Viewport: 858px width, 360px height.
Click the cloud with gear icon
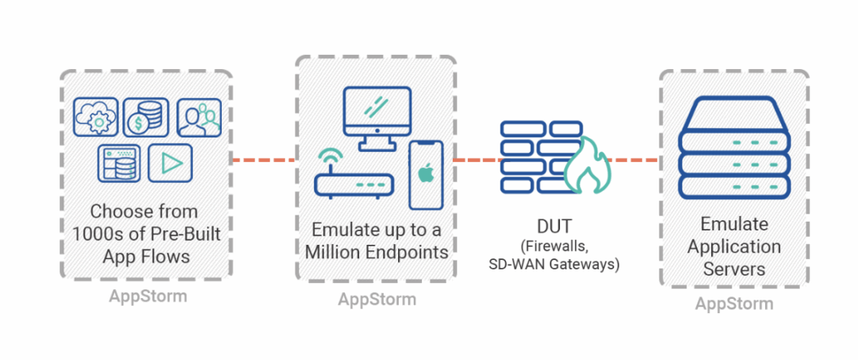[x=96, y=117]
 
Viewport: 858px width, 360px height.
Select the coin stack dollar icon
[x=145, y=117]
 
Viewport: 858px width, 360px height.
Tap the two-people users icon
[x=199, y=117]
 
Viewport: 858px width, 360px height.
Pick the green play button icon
[x=170, y=163]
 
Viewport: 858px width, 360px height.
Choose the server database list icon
[x=119, y=163]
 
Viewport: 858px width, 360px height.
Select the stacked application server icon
[x=734, y=148]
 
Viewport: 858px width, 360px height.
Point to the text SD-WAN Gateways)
[x=554, y=265]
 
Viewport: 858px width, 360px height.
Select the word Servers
[x=734, y=269]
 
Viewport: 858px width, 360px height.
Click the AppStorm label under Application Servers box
[x=734, y=304]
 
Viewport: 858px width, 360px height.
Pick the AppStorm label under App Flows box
[x=148, y=296]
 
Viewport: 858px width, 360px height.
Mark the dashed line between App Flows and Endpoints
[x=265, y=161]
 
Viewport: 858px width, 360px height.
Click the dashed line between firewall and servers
[x=635, y=161]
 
